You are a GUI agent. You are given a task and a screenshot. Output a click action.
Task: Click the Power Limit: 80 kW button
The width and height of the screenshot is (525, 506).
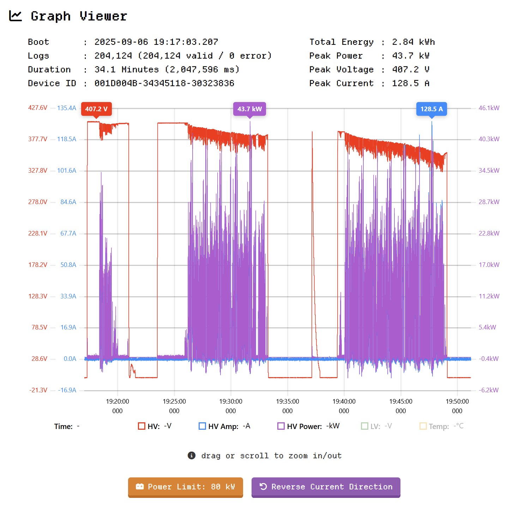tap(185, 487)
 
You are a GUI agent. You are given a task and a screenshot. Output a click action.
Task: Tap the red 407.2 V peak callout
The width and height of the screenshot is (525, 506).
tap(96, 109)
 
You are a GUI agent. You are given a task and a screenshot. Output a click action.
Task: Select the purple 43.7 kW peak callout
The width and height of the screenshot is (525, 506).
tap(249, 109)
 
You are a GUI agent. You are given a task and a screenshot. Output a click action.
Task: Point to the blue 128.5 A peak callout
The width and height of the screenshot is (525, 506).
tap(432, 109)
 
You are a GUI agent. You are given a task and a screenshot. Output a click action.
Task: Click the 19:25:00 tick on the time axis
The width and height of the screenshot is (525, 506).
tap(174, 401)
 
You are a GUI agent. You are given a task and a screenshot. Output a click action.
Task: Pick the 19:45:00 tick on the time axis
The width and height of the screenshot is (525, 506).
tap(400, 401)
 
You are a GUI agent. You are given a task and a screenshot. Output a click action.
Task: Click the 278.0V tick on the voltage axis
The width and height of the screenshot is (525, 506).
tap(38, 202)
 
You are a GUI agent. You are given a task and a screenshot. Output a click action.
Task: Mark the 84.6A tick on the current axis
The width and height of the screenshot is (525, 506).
tap(68, 202)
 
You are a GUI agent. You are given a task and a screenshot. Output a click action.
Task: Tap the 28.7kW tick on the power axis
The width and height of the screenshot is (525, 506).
tap(489, 202)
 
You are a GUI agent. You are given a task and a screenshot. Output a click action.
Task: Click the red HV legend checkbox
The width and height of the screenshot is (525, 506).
tap(141, 426)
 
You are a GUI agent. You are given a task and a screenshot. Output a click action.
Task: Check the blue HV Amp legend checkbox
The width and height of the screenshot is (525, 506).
tap(202, 426)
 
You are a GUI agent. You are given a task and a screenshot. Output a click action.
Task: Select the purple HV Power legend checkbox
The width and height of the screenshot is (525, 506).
tap(281, 426)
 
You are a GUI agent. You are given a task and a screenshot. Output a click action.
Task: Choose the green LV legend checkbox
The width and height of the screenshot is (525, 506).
tap(364, 426)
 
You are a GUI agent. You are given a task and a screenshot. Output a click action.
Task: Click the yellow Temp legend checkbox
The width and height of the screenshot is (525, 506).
tap(423, 426)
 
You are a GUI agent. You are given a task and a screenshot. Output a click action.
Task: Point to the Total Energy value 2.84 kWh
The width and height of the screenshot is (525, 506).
tap(413, 42)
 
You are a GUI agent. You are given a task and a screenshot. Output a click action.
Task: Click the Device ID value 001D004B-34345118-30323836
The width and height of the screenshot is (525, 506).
tap(164, 83)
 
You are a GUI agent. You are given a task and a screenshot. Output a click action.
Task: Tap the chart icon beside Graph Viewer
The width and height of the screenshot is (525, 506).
tap(16, 16)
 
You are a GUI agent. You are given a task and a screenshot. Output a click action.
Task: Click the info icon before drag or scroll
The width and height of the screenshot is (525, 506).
tap(192, 456)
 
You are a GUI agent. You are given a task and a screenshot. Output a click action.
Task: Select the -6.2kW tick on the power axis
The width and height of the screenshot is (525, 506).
tap(488, 390)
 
